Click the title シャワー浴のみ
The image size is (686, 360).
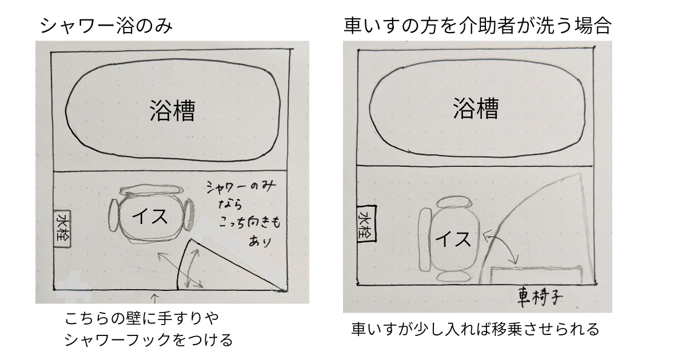point(106,26)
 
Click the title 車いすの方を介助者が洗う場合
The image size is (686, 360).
point(478,25)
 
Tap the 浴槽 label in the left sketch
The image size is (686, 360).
point(173,110)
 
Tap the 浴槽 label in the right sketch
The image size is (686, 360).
point(476,108)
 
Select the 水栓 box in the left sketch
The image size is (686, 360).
point(62,229)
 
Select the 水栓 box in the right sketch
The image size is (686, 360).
point(366,224)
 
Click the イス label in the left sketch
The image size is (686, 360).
point(150,217)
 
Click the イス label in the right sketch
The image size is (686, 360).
point(453,239)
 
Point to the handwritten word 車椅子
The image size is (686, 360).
point(540,297)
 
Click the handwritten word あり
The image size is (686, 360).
point(260,241)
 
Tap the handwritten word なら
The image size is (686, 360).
point(230,204)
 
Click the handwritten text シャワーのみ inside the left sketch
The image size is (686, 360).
point(241,186)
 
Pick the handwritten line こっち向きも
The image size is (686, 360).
point(250,222)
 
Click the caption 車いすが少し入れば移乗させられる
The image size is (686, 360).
point(475,329)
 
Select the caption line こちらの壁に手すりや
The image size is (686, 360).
point(142,318)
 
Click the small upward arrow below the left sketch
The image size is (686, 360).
point(155,298)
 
